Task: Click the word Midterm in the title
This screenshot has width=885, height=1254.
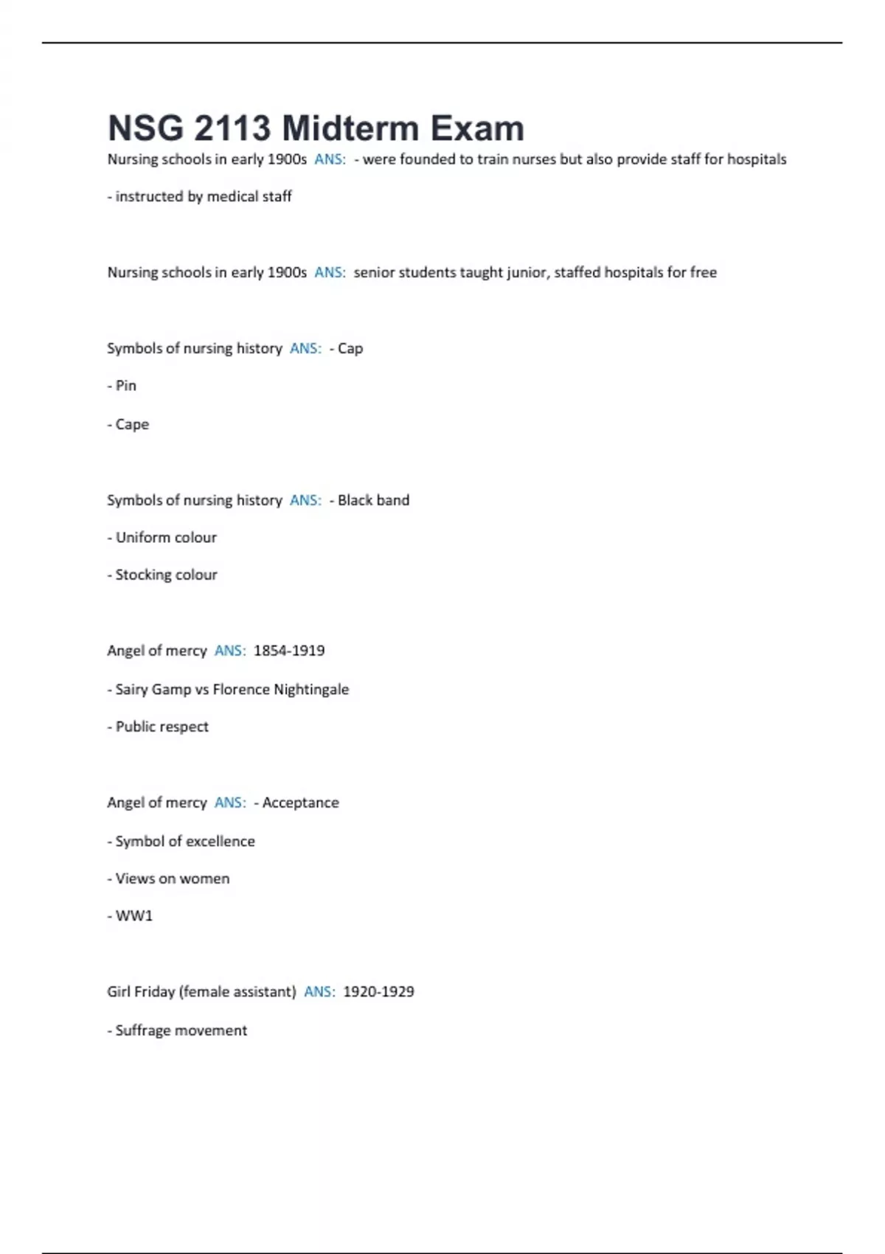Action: [350, 128]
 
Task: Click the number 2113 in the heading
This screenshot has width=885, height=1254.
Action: [232, 128]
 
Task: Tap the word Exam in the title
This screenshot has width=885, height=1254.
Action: [477, 128]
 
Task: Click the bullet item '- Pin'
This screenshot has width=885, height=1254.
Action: [122, 386]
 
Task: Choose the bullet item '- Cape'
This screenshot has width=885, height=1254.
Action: [128, 425]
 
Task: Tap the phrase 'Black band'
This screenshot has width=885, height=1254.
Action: [373, 500]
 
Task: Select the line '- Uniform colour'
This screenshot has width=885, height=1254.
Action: [162, 538]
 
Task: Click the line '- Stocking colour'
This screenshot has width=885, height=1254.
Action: [162, 575]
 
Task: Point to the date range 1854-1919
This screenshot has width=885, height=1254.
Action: [289, 651]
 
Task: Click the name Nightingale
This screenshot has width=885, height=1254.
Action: [311, 690]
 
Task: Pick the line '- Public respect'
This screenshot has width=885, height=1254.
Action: [158, 727]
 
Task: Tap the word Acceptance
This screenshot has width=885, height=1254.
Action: [300, 803]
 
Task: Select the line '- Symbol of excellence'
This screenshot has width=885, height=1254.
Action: [181, 842]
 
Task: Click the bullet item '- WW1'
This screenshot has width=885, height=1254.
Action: [130, 916]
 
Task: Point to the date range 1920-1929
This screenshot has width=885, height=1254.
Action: [378, 992]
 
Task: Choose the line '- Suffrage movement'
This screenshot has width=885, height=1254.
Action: [177, 1031]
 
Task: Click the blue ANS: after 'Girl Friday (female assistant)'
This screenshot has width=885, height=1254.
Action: [319, 992]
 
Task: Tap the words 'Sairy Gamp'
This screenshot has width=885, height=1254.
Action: [153, 690]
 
